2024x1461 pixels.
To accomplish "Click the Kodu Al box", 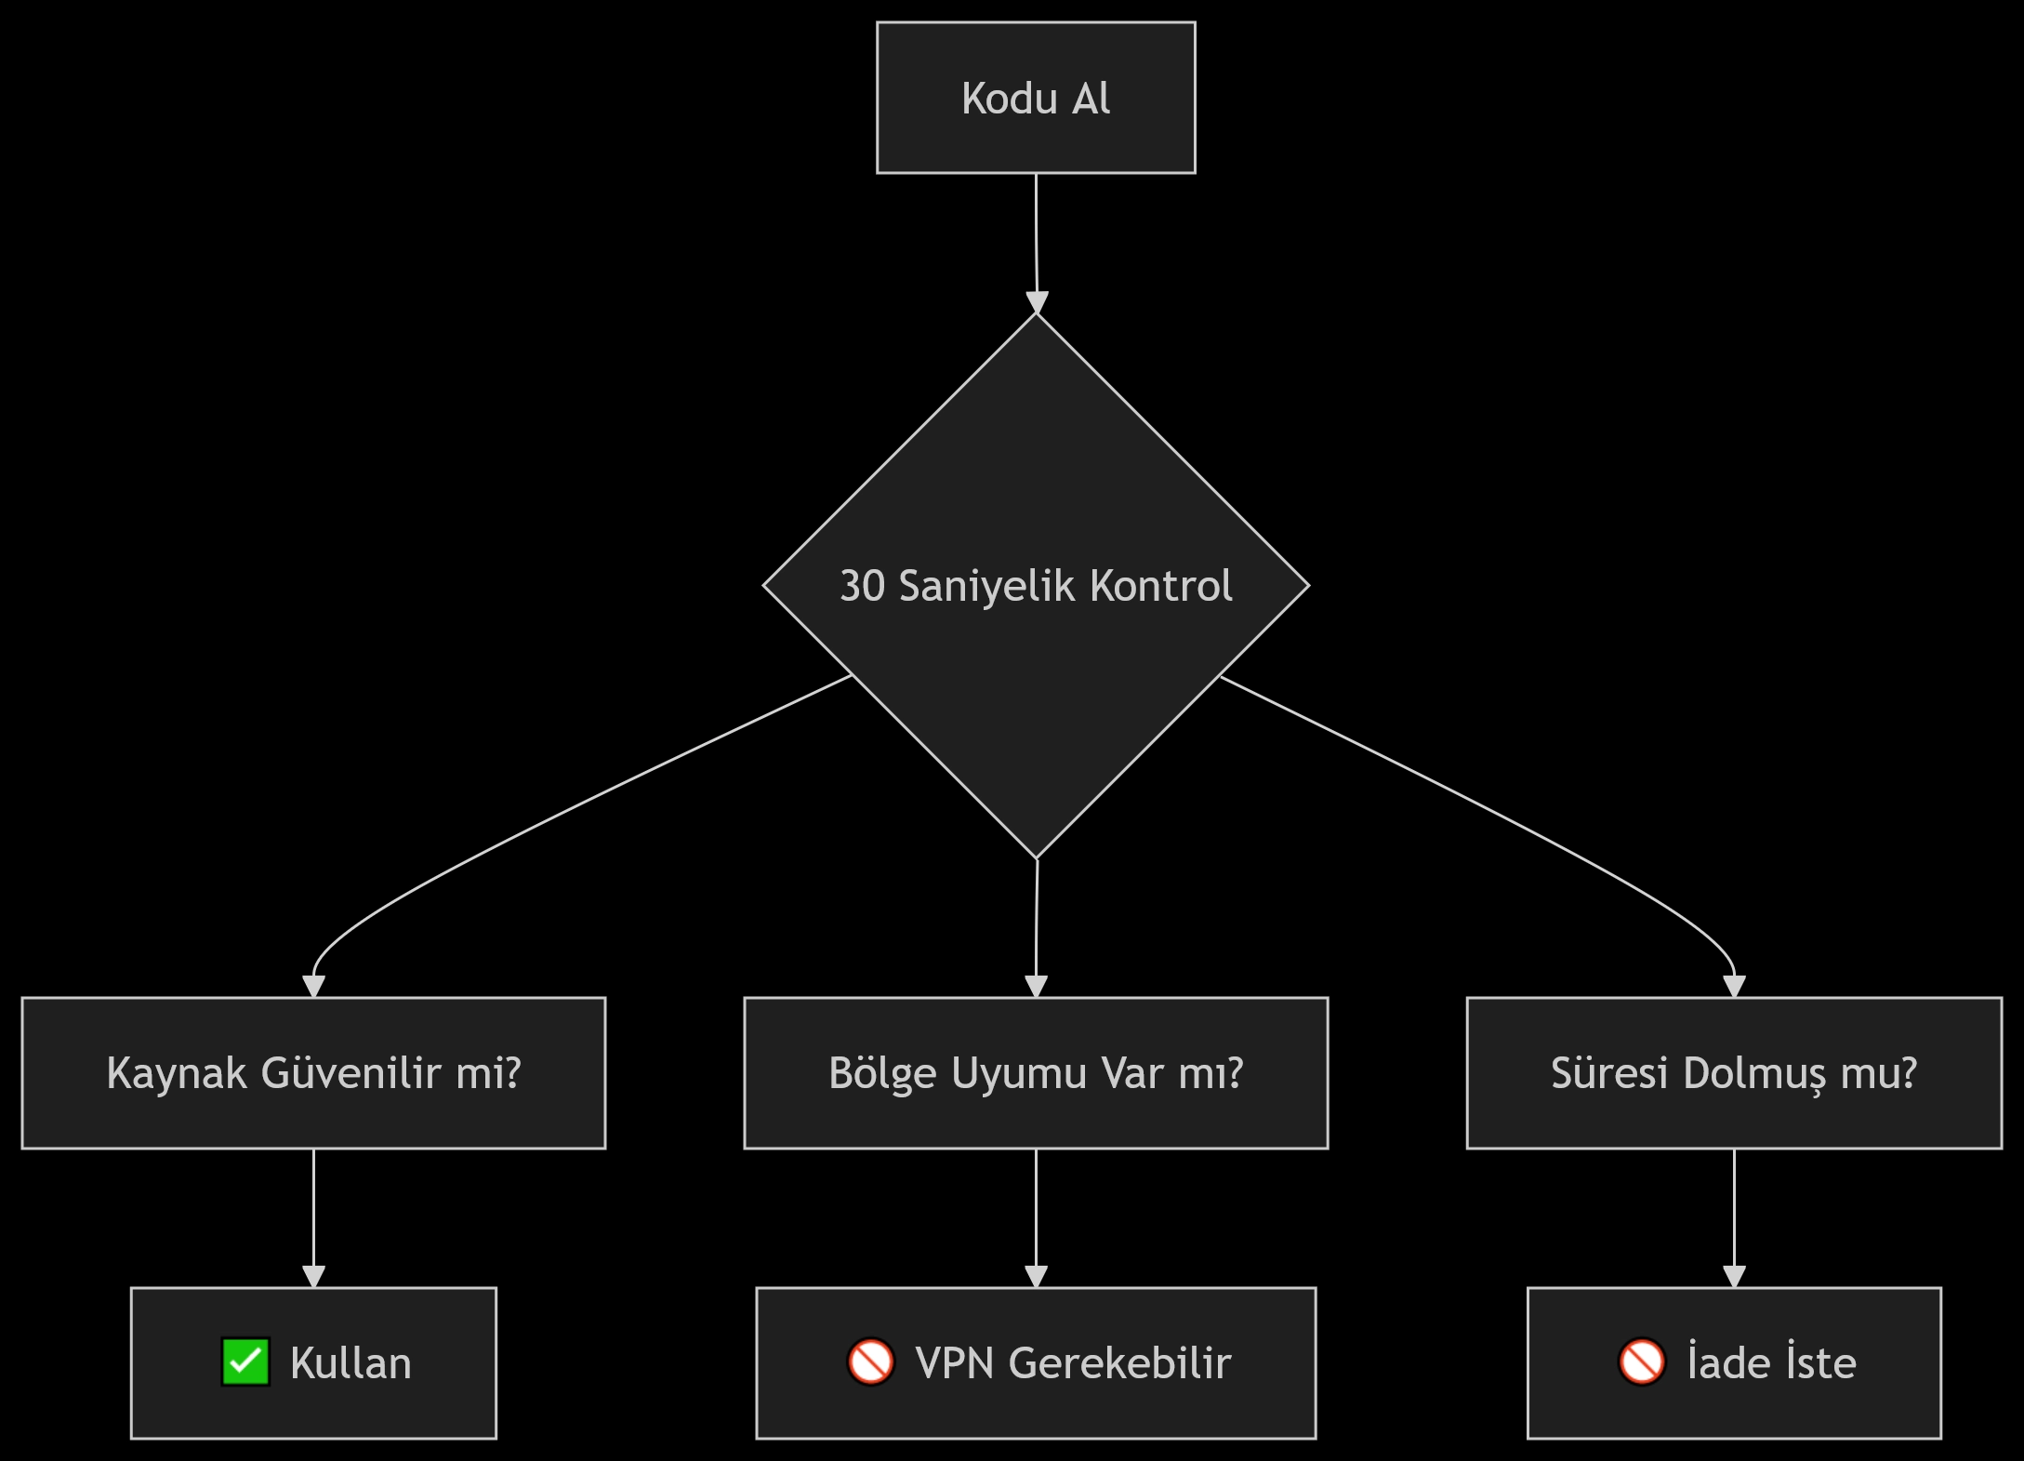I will pos(1036,98).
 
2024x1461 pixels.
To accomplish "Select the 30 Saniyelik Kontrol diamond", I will pos(1036,651).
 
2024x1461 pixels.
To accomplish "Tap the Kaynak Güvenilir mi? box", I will pos(313,1073).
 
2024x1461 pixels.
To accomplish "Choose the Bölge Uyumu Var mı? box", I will pos(1036,1073).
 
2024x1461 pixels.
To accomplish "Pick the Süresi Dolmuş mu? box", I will pos(1734,1073).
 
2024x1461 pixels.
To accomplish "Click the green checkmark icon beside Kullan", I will pos(245,1362).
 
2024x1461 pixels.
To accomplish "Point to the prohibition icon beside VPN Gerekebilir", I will pos(870,1362).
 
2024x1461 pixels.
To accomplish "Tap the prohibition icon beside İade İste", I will pos(1642,1362).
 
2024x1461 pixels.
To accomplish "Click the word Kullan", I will pos(351,1363).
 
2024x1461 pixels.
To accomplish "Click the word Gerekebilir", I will pos(1119,1363).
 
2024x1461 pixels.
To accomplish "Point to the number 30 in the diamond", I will pos(862,586).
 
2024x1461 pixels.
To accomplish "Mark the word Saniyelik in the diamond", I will pos(986,586).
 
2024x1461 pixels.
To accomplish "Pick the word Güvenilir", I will pos(351,1073).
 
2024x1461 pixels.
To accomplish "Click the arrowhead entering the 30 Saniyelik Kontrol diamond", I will pos(1037,303).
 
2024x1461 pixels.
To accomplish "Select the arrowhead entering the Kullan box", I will pos(313,1276).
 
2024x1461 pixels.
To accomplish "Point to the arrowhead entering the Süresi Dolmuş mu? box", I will pos(1734,986).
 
